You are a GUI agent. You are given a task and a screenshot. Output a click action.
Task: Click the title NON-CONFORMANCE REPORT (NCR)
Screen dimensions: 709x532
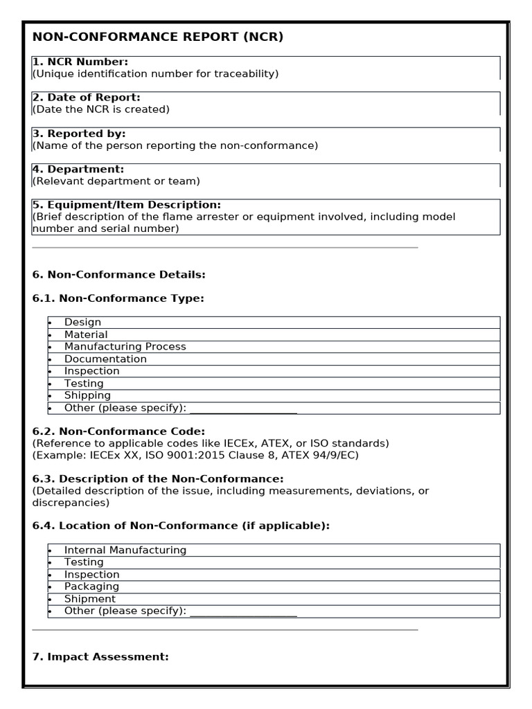158,37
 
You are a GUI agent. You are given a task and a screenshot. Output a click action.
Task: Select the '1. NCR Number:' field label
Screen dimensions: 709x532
80,62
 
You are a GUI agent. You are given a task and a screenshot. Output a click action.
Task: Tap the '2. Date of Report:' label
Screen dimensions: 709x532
87,98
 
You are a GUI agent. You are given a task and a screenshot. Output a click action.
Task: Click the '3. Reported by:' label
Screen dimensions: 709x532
79,134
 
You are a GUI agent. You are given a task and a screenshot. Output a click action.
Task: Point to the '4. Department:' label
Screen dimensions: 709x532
78,169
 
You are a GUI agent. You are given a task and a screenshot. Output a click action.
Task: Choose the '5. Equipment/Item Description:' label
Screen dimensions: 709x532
127,205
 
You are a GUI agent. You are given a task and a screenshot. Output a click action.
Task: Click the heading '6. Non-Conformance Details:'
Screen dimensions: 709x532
119,275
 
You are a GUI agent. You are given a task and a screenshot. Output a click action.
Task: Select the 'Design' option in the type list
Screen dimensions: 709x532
82,323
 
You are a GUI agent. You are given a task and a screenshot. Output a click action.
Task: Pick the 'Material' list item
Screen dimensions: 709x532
86,334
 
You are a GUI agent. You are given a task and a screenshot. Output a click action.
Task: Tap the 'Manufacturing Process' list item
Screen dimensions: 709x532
125,347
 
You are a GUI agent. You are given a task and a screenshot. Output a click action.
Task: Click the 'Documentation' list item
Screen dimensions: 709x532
105,359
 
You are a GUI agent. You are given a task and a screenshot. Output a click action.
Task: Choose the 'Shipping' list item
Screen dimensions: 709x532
87,395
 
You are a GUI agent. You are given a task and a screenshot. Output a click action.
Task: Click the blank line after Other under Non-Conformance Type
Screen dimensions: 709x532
243,409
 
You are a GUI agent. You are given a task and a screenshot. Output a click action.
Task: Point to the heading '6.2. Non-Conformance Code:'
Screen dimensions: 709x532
118,431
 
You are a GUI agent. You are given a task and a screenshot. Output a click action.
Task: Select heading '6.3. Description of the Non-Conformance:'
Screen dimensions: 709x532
158,479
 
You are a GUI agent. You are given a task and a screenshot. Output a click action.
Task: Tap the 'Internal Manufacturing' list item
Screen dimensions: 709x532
125,550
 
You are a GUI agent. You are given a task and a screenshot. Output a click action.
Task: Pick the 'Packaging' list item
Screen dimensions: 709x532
91,586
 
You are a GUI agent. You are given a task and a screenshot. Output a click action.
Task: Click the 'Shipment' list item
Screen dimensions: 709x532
90,599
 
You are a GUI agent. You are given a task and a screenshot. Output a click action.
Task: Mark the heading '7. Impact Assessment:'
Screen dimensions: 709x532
100,656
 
